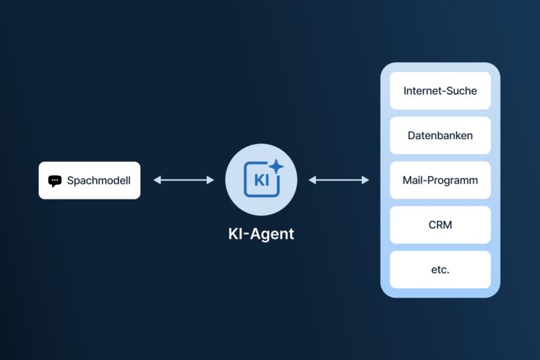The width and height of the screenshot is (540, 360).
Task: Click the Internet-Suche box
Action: tap(440, 91)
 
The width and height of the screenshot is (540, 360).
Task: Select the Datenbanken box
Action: tap(440, 135)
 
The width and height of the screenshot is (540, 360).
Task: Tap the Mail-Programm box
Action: tap(440, 180)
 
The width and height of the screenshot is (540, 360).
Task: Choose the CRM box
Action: tap(440, 225)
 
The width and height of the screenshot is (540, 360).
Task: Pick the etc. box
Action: tap(440, 269)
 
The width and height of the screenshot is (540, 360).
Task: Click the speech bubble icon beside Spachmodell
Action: tap(55, 181)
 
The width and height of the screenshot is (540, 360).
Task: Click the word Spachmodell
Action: tap(98, 181)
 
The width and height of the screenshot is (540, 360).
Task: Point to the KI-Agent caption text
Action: tap(261, 234)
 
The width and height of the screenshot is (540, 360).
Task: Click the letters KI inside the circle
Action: tap(261, 181)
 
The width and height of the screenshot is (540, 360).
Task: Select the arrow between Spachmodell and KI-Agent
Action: tap(183, 180)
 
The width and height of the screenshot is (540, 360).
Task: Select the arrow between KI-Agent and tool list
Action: tap(339, 180)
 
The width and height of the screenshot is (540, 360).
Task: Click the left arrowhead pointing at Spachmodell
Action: tap(156, 180)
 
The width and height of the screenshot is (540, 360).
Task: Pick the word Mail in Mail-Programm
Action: tap(413, 180)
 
